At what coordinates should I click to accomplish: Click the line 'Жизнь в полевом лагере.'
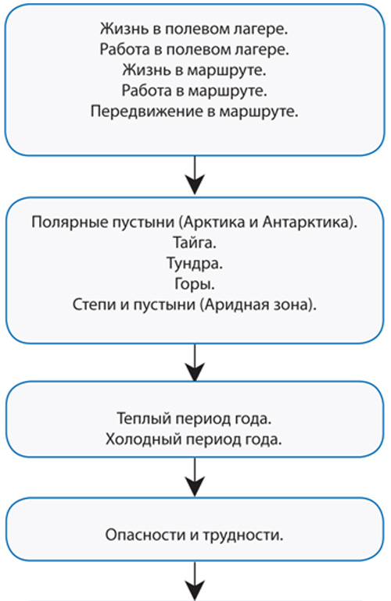click(x=194, y=29)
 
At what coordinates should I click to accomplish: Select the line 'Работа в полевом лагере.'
click(x=195, y=49)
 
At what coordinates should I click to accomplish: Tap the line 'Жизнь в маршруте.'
click(x=195, y=70)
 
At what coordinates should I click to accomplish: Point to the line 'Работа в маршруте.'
click(x=195, y=91)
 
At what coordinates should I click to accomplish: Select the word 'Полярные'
click(x=65, y=222)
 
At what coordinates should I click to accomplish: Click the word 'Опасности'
click(x=144, y=535)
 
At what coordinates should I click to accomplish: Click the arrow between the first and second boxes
click(x=195, y=176)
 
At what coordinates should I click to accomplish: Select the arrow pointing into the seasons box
click(x=195, y=362)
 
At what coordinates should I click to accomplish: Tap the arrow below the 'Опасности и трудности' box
click(x=195, y=580)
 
